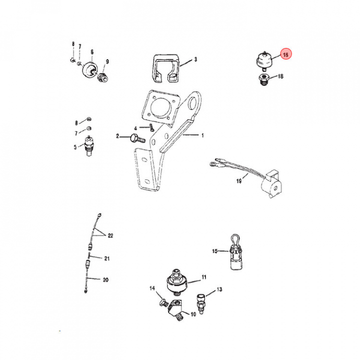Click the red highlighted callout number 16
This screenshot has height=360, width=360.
[285, 54]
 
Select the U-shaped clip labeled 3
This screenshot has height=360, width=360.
[166, 68]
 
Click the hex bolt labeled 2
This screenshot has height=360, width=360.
[138, 139]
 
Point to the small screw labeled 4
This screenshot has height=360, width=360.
[151, 127]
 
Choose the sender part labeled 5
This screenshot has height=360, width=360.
[89, 146]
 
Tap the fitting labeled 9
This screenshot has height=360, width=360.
[102, 77]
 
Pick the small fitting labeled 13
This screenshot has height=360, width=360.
[201, 304]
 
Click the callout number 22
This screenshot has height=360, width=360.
[110, 235]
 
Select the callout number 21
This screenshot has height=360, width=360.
[107, 258]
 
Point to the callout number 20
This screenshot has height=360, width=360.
[105, 280]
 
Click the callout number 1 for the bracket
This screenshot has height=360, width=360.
[202, 135]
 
